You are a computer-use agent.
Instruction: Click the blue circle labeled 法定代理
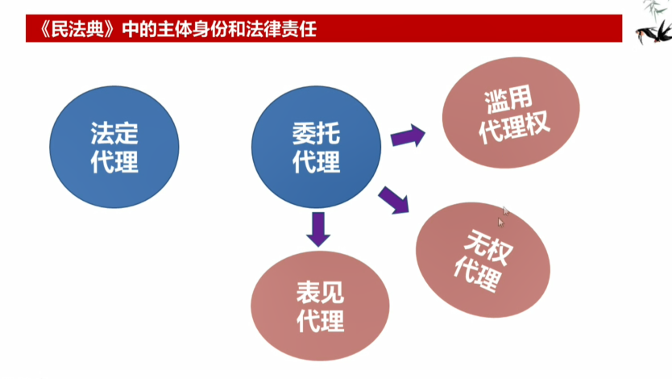tap(114, 147)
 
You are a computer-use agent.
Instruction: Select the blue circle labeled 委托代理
tap(317, 147)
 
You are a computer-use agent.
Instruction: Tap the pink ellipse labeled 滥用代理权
tap(511, 113)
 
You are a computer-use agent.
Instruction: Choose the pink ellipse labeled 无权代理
tap(483, 260)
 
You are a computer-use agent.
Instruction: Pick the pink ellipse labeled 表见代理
tap(320, 306)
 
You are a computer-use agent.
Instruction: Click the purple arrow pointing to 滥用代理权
tap(408, 136)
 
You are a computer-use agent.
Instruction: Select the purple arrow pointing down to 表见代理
tap(318, 229)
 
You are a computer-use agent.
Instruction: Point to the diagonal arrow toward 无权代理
tap(394, 200)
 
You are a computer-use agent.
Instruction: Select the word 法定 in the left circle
tap(114, 133)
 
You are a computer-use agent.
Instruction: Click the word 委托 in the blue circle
tap(317, 133)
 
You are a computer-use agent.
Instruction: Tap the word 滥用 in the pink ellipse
tap(508, 99)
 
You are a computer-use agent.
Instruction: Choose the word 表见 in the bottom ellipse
tap(320, 293)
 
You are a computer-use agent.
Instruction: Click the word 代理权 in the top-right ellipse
tap(514, 127)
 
